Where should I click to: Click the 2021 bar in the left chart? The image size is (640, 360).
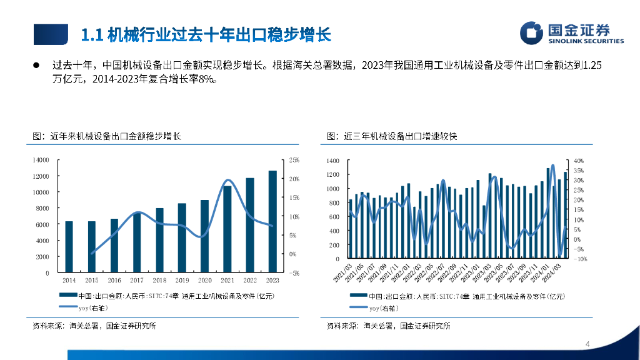coord(227,229)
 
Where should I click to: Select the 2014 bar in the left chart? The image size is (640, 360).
coord(69,247)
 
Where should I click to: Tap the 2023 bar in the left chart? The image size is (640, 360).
coord(272,221)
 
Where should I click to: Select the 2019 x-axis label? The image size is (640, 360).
coord(182,281)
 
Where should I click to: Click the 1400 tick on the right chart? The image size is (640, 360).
coord(332,161)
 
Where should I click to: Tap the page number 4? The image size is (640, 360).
coord(588,344)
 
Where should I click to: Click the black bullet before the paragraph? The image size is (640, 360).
coord(36,64)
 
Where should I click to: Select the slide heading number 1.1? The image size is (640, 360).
coord(92,34)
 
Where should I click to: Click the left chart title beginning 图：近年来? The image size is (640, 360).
coord(107,136)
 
